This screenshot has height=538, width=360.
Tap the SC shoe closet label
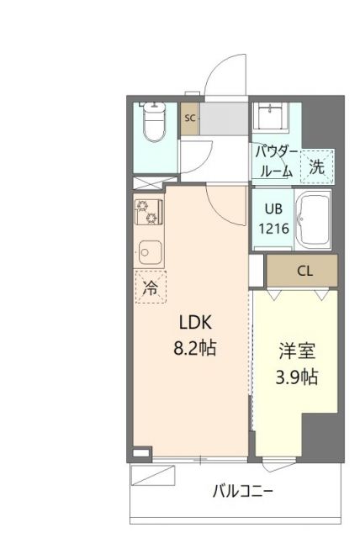[190, 119]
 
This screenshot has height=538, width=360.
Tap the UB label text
[274, 210]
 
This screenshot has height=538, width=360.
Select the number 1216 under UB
[274, 228]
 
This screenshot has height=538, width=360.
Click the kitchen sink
[149, 251]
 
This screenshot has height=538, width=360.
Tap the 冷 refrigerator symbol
[150, 288]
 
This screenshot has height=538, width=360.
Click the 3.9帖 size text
[296, 377]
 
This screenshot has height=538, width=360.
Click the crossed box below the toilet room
[149, 181]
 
